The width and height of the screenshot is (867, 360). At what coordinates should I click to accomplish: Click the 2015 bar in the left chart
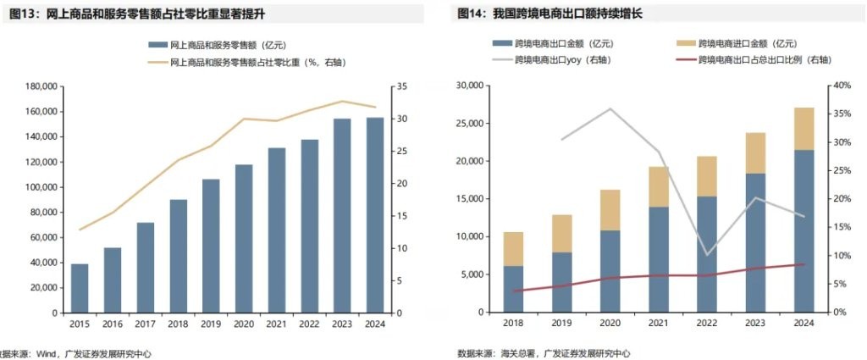click(79, 288)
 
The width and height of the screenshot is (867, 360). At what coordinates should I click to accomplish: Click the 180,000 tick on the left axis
click(41, 86)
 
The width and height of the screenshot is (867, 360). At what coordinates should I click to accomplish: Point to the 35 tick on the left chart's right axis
click(401, 86)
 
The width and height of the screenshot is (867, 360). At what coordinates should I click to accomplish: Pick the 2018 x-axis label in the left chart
click(178, 324)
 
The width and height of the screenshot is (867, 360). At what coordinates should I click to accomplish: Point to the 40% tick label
click(841, 86)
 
